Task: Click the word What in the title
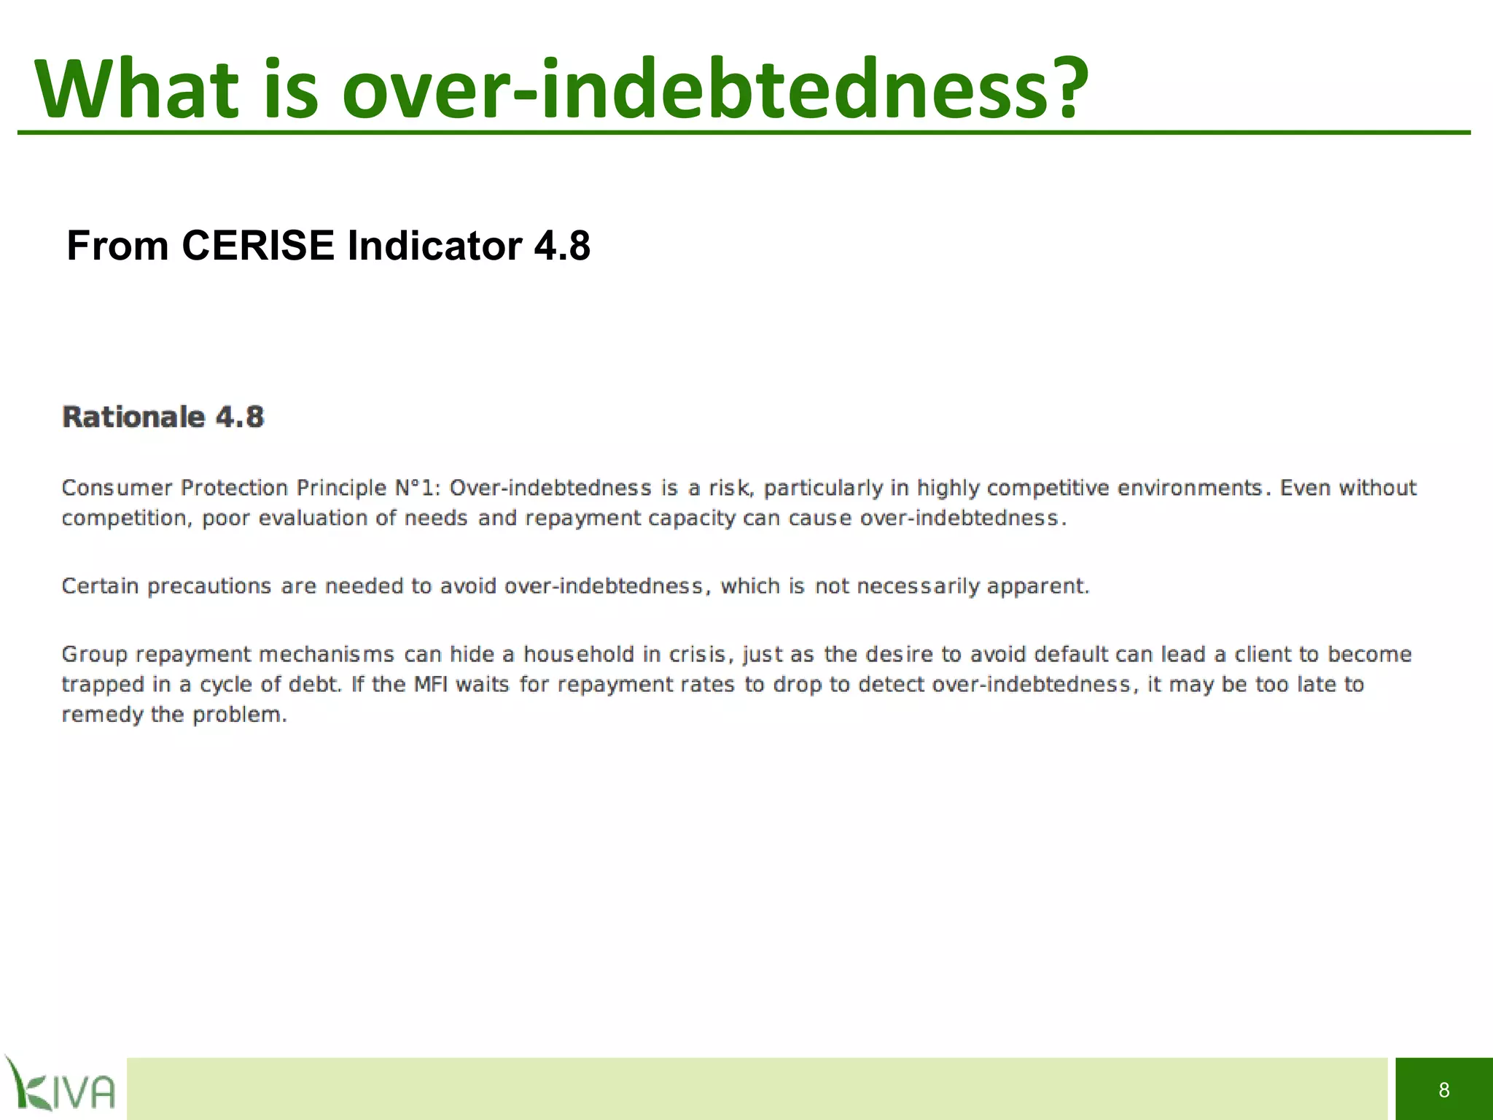click(137, 89)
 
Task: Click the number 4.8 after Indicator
click(562, 246)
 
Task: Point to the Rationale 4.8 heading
click(163, 417)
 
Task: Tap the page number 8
click(1443, 1090)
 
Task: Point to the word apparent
click(1037, 586)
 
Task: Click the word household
click(579, 654)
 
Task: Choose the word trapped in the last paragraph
click(103, 685)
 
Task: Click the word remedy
click(102, 715)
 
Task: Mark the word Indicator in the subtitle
click(434, 246)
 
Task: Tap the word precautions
click(210, 586)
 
